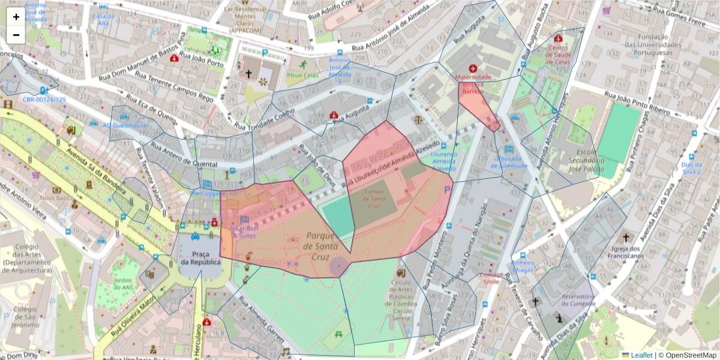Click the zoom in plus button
pyautogui.click(x=16, y=17)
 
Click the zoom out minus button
pyautogui.click(x=16, y=35)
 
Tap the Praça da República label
pyautogui.click(x=200, y=257)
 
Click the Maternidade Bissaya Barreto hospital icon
pyautogui.click(x=473, y=69)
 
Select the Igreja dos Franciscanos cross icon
pyautogui.click(x=626, y=238)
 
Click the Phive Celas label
pyautogui.click(x=302, y=76)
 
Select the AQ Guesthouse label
pyautogui.click(x=124, y=125)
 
